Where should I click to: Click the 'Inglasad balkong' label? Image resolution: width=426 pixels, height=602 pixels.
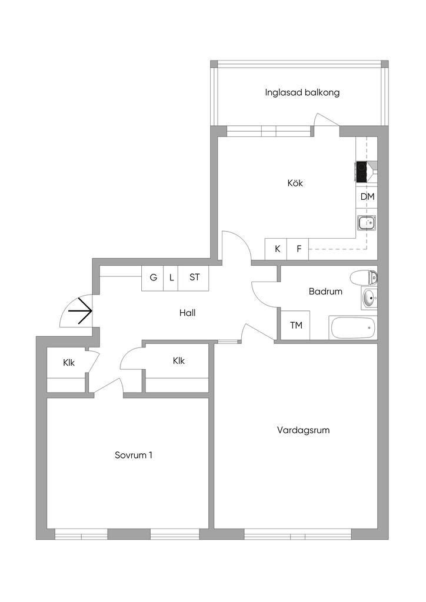tap(302, 92)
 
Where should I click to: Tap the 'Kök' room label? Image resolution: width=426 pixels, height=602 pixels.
tap(295, 183)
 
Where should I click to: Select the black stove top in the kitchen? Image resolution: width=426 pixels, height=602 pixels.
tap(361, 172)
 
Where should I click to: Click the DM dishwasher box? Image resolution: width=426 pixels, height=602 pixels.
tap(367, 197)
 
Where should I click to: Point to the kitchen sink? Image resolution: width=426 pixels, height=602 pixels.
tap(367, 222)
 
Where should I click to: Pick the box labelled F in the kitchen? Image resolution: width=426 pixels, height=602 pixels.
tap(298, 249)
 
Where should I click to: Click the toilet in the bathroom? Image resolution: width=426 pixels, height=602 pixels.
tap(364, 277)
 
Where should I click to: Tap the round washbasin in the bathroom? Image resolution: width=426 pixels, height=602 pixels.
tap(369, 299)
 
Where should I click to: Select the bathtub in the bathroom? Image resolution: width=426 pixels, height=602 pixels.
tap(353, 327)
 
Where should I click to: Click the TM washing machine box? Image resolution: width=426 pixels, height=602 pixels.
tap(295, 325)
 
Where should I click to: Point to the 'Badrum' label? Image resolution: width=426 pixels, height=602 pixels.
tap(325, 292)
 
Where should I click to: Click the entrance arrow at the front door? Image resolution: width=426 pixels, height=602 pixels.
tap(80, 310)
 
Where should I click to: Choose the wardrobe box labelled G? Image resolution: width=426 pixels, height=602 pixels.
tap(153, 278)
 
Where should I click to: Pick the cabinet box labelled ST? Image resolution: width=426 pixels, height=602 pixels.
tap(194, 278)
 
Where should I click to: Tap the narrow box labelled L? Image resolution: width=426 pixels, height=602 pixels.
tap(171, 278)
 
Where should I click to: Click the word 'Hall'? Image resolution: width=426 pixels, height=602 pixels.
tap(188, 313)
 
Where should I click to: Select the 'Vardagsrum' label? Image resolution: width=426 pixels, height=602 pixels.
tap(303, 430)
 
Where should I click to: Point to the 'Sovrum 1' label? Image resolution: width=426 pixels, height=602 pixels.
tap(134, 455)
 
